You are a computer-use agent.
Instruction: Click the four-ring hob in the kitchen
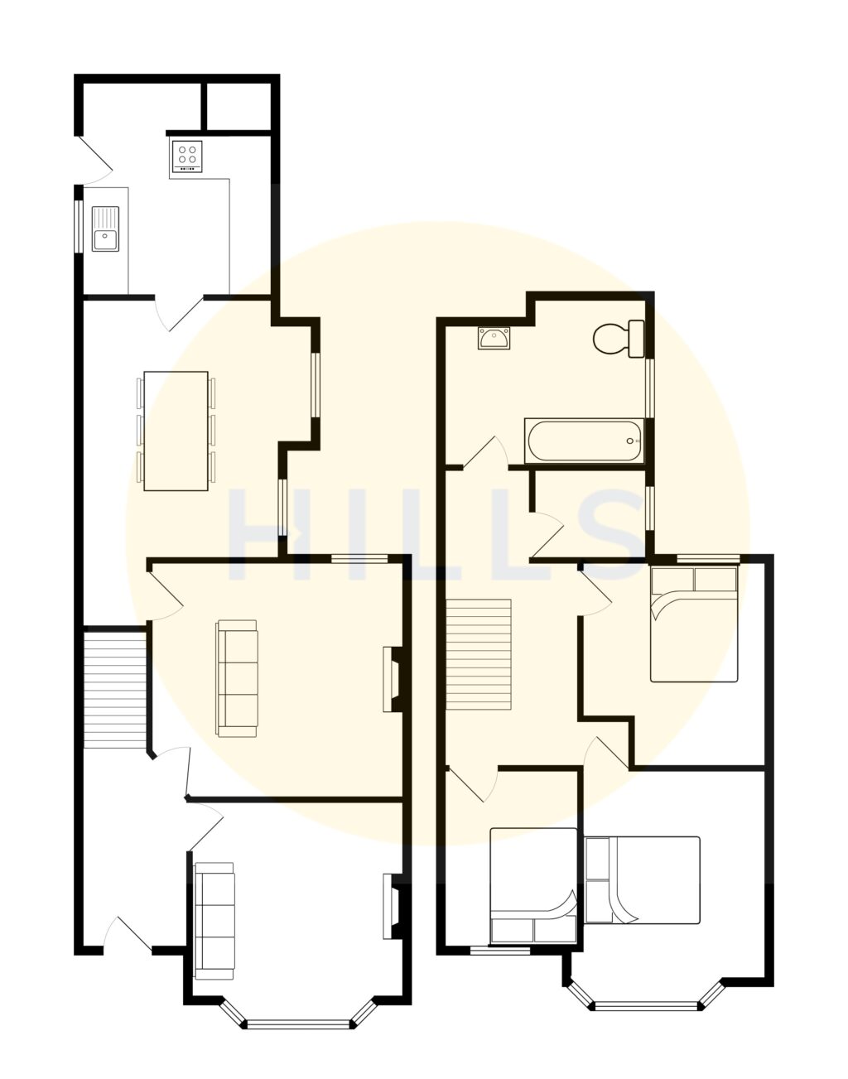187,156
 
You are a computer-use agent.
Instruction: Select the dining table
176,431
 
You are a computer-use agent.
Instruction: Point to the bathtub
585,441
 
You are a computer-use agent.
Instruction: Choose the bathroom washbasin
494,338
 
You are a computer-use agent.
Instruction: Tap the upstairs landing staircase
479,654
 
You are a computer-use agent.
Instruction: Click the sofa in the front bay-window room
214,921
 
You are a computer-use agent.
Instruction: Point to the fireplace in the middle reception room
393,679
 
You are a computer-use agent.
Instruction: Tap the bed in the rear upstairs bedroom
694,624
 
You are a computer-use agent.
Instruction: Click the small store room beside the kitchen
238,106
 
